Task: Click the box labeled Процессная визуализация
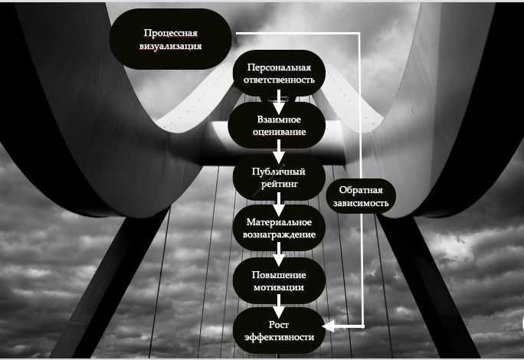point(172,40)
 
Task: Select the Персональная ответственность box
point(279,74)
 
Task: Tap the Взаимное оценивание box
point(279,124)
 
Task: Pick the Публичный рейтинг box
point(279,177)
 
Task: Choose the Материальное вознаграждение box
point(279,227)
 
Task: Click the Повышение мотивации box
point(279,280)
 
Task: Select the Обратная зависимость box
point(360,197)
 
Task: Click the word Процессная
point(172,33)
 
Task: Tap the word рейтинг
point(279,184)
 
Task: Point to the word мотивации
point(279,287)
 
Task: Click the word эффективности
point(279,336)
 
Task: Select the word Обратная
point(360,190)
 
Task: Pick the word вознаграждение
point(279,234)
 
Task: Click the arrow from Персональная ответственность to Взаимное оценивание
point(279,98)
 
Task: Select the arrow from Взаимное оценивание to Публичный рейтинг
point(279,151)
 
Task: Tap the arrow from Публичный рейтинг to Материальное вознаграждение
point(279,203)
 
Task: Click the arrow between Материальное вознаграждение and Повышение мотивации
point(279,254)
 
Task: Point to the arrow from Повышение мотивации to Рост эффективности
point(279,306)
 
